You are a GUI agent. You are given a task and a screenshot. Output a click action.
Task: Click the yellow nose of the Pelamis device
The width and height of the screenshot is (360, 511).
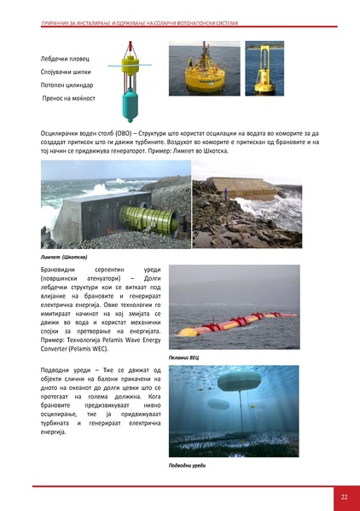pyautogui.click(x=182, y=332)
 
